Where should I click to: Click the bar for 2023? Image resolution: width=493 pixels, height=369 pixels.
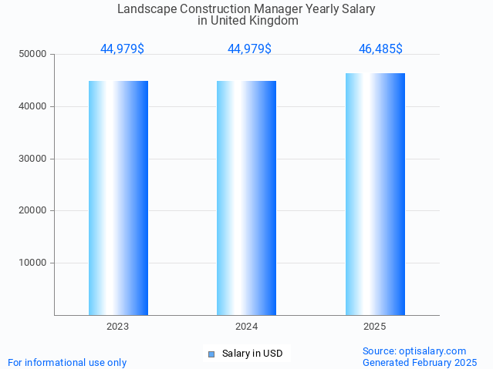[x=118, y=198]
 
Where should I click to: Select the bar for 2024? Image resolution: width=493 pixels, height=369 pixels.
[x=246, y=198]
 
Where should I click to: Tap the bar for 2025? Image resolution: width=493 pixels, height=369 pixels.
[x=375, y=194]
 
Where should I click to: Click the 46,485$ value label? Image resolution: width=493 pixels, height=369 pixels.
[x=380, y=49]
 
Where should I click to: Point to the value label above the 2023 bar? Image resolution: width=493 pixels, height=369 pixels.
[x=122, y=49]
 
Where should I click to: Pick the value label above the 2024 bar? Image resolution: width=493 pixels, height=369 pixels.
[x=249, y=49]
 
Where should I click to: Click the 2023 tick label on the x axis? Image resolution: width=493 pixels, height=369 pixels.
[x=118, y=327]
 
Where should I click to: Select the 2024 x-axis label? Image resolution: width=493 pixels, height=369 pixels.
[x=246, y=327]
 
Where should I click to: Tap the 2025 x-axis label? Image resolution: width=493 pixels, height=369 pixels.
[x=375, y=327]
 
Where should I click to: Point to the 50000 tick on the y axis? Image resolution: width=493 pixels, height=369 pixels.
[x=33, y=54]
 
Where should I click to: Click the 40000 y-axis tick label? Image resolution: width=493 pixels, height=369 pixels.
[x=33, y=106]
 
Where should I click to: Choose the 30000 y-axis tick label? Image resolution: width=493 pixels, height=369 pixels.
[x=33, y=159]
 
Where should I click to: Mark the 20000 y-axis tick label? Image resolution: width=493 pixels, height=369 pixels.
[x=33, y=210]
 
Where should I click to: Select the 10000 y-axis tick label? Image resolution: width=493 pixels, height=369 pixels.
[x=33, y=263]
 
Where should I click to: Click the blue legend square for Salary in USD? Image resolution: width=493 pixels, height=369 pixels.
[x=211, y=354]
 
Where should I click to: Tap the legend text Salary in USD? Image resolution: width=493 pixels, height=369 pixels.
[x=252, y=354]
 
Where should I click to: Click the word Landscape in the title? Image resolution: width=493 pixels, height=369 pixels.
[x=145, y=9]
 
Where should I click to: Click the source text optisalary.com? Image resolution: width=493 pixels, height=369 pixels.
[x=436, y=351]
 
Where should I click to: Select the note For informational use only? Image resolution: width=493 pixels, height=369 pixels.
[x=67, y=362]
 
